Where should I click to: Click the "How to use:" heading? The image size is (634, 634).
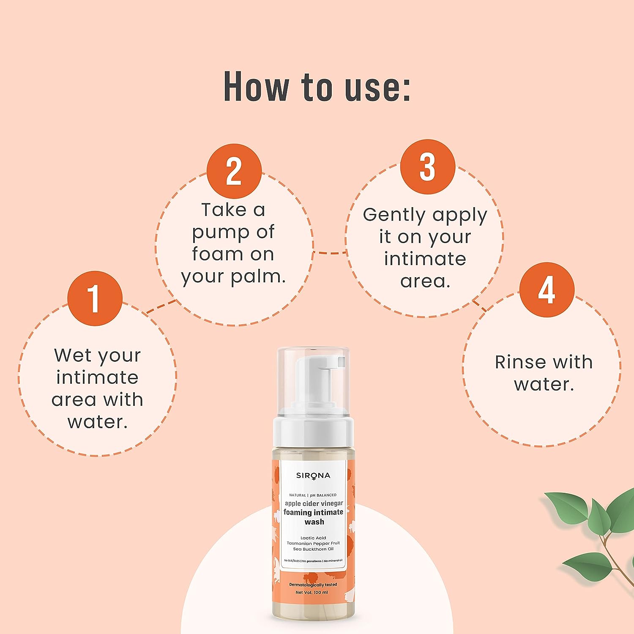click(317, 87)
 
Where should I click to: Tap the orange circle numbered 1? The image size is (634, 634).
click(95, 298)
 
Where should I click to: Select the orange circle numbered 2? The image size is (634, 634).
click(234, 171)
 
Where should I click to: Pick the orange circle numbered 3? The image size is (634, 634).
click(428, 167)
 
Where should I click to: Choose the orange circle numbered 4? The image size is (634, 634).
click(547, 290)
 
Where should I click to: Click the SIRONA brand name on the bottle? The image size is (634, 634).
click(313, 476)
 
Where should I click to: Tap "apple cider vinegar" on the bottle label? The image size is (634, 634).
click(314, 503)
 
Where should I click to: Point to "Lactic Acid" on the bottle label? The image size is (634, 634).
click(313, 538)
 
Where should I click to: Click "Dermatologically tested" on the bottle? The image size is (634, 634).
click(313, 585)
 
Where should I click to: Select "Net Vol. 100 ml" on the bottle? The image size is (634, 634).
click(312, 592)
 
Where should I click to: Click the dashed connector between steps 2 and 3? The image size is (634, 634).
click(330, 253)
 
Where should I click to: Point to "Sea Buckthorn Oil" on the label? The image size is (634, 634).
click(313, 549)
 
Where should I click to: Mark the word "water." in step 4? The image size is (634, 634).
click(544, 384)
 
